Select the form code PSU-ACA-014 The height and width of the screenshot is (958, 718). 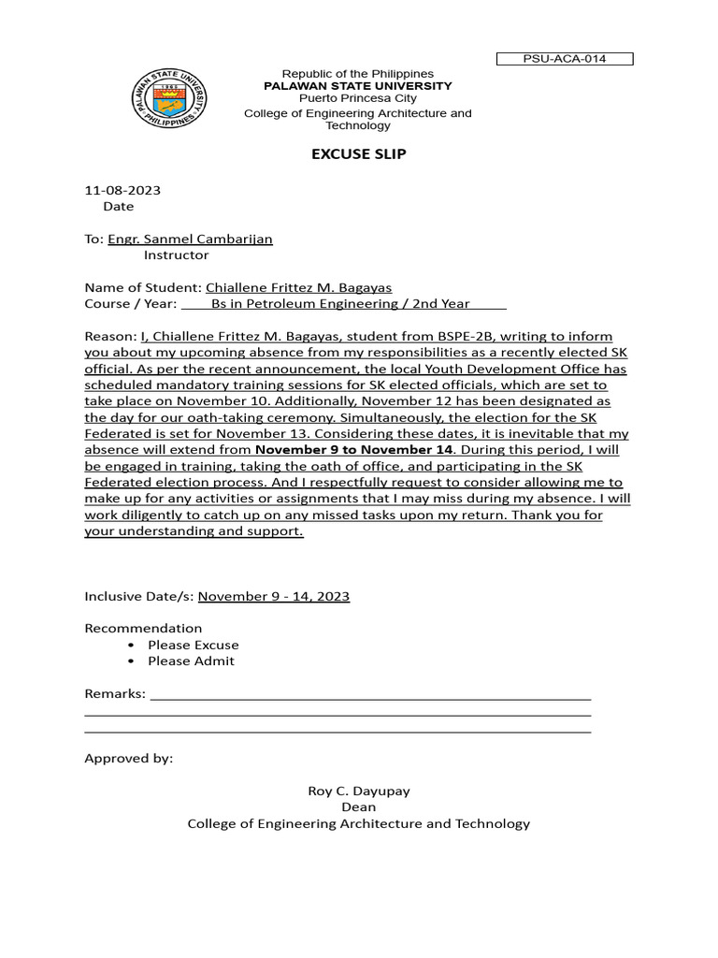coord(565,59)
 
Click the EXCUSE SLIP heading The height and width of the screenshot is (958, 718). coord(359,154)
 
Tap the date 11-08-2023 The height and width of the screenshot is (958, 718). coord(122,190)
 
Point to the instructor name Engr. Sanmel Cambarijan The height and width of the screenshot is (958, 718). coord(190,239)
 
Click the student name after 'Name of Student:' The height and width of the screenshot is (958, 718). coord(298,287)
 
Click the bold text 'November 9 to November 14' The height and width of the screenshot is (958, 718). coord(354,449)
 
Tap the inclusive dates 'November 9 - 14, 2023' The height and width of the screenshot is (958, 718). coord(274,596)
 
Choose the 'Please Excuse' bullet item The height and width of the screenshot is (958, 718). coord(193,645)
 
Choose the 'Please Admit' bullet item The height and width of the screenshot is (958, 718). coord(191,660)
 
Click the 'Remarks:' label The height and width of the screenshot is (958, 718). coord(115,693)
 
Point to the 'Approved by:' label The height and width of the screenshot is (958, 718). coord(129,758)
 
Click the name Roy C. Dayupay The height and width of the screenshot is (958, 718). coord(359,791)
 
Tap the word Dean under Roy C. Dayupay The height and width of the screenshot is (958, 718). coord(359,806)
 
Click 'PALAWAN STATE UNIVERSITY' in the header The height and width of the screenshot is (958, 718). coord(358,86)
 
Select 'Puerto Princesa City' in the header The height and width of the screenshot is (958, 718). coord(358,98)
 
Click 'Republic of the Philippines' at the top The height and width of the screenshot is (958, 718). coord(358,74)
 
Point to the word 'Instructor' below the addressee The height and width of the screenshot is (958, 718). coord(177,254)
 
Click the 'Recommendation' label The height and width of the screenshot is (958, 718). coord(143,628)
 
